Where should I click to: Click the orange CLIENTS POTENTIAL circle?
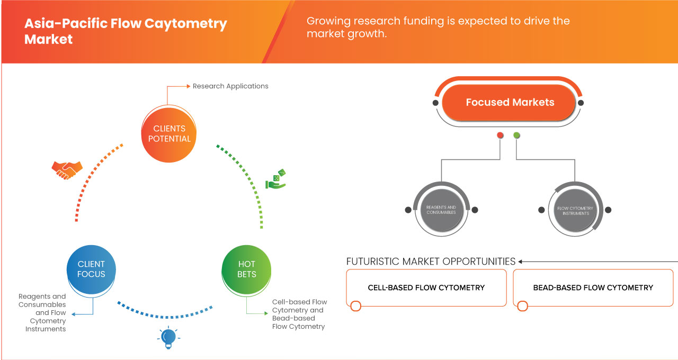(169, 133)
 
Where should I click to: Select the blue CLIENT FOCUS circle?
(91, 269)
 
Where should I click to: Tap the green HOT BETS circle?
(246, 269)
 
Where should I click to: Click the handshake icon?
(67, 169)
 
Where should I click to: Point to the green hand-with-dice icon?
(276, 179)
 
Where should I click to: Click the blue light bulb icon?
(168, 337)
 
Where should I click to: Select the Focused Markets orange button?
(510, 102)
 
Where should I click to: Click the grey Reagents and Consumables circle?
(441, 210)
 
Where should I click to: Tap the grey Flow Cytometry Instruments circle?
(575, 210)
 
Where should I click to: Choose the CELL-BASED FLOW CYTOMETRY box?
(426, 287)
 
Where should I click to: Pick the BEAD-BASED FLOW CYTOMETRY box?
(593, 287)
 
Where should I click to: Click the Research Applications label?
(230, 86)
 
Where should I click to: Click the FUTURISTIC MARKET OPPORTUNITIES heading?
(431, 262)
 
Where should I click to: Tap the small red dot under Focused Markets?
(500, 136)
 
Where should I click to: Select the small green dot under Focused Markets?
(517, 136)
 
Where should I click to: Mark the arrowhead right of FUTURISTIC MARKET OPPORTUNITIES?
(521, 262)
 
